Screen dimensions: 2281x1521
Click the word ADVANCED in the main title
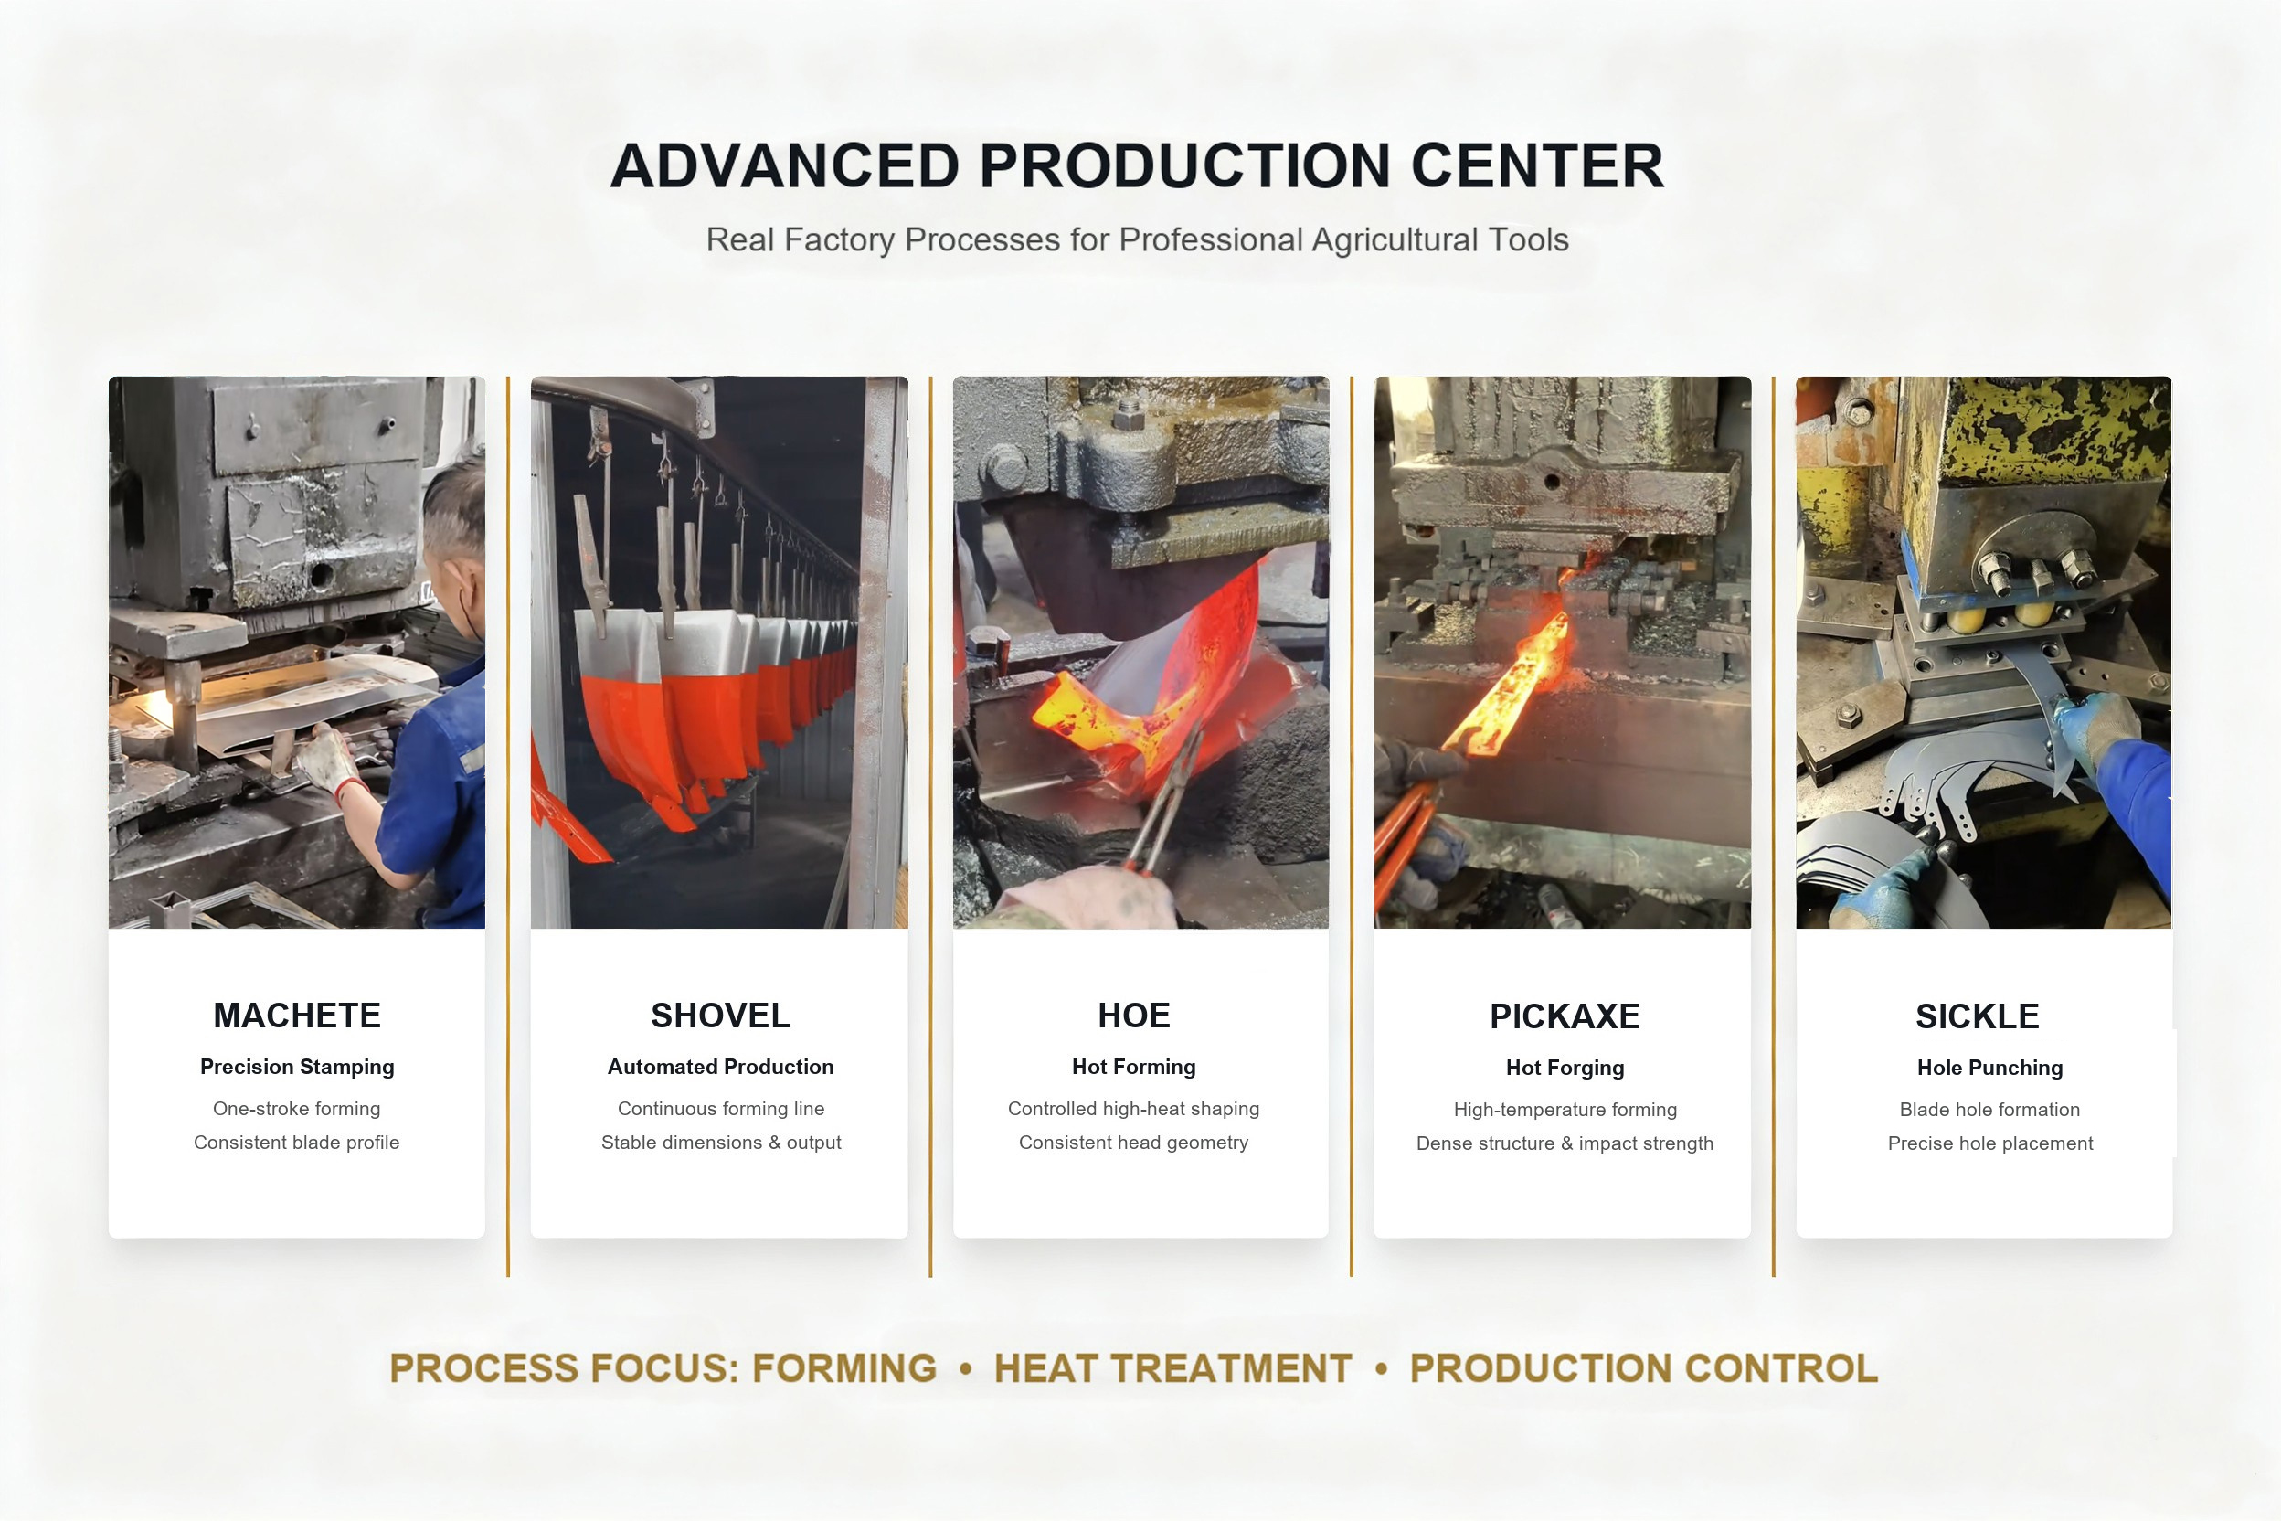tap(785, 165)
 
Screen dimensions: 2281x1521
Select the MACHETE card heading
tap(297, 1016)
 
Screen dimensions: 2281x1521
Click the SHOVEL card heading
tap(720, 1016)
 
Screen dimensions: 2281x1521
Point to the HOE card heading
tap(1134, 1016)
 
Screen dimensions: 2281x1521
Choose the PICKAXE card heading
tap(1565, 1016)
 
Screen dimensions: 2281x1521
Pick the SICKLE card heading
tap(1978, 1016)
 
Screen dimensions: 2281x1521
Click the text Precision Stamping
tap(297, 1067)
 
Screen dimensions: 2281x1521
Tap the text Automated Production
tap(720, 1067)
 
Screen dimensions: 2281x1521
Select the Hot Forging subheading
tap(1565, 1068)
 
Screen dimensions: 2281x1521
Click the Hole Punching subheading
tap(1990, 1068)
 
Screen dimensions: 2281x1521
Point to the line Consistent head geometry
tap(1134, 1143)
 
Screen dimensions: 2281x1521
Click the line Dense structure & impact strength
tap(1565, 1143)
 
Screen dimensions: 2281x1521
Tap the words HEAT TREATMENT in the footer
tap(1172, 1368)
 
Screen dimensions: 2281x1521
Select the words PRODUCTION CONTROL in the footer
tap(1644, 1368)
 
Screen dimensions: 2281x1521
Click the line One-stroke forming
tap(297, 1109)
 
